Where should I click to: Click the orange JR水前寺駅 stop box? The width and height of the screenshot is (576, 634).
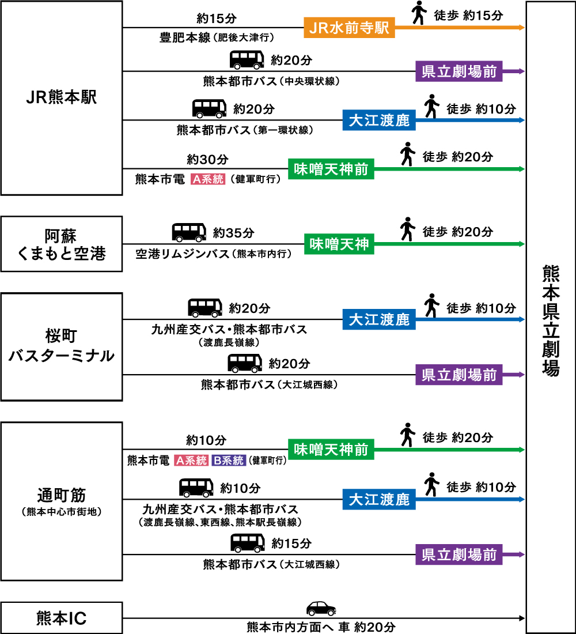(x=350, y=28)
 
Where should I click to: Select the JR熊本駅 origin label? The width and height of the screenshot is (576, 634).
(x=61, y=97)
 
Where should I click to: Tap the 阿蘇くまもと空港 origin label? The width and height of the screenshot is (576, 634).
(x=61, y=244)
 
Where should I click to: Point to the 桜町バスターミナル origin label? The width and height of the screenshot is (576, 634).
(x=61, y=346)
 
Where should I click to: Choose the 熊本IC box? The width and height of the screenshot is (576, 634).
(x=61, y=618)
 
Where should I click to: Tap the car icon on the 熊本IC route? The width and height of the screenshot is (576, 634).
(x=321, y=608)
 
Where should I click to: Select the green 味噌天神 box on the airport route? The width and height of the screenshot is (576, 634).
(x=339, y=244)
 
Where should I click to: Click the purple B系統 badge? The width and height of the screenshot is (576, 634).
(x=229, y=461)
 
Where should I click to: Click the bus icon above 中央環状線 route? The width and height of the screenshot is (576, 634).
(x=247, y=60)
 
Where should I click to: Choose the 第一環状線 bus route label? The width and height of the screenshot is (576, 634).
(x=245, y=130)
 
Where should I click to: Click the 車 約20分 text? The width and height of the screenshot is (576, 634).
(x=367, y=627)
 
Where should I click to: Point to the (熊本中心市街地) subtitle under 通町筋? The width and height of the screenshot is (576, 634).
(x=61, y=512)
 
